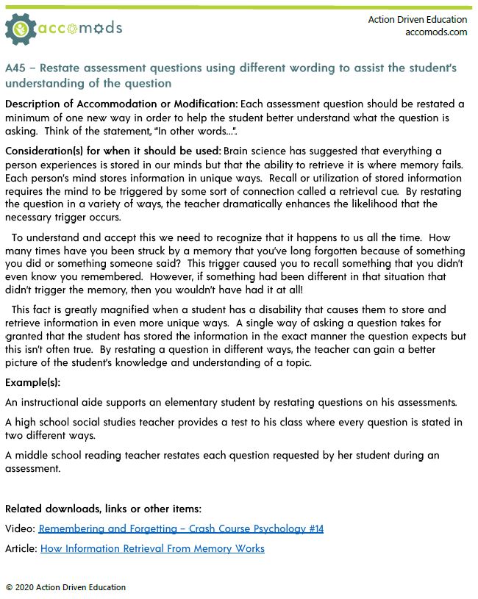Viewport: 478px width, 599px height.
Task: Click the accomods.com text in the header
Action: [x=435, y=32]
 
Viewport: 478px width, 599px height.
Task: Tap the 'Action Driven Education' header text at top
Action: [x=417, y=19]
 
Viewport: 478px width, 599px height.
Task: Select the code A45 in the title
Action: [x=17, y=68]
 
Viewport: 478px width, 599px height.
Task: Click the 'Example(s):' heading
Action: [x=33, y=383]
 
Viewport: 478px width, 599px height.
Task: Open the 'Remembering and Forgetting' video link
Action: [x=181, y=528]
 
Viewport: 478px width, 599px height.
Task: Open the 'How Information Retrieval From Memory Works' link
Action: [x=152, y=548]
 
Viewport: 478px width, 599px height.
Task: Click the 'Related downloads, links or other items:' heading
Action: [x=103, y=509]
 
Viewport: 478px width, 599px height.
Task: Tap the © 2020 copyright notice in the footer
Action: [x=65, y=587]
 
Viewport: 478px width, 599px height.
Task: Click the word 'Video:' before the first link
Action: [x=20, y=528]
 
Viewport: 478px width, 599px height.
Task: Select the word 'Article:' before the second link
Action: [x=21, y=548]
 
